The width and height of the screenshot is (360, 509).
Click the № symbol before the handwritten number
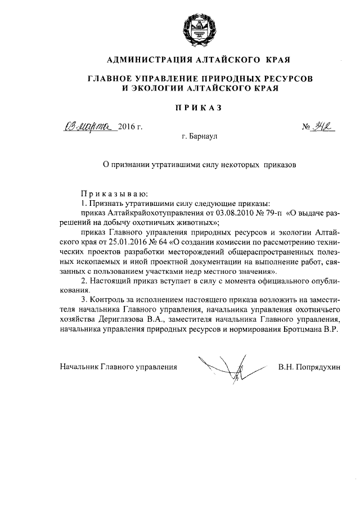point(307,127)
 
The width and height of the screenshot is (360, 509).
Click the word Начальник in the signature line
point(79,367)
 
